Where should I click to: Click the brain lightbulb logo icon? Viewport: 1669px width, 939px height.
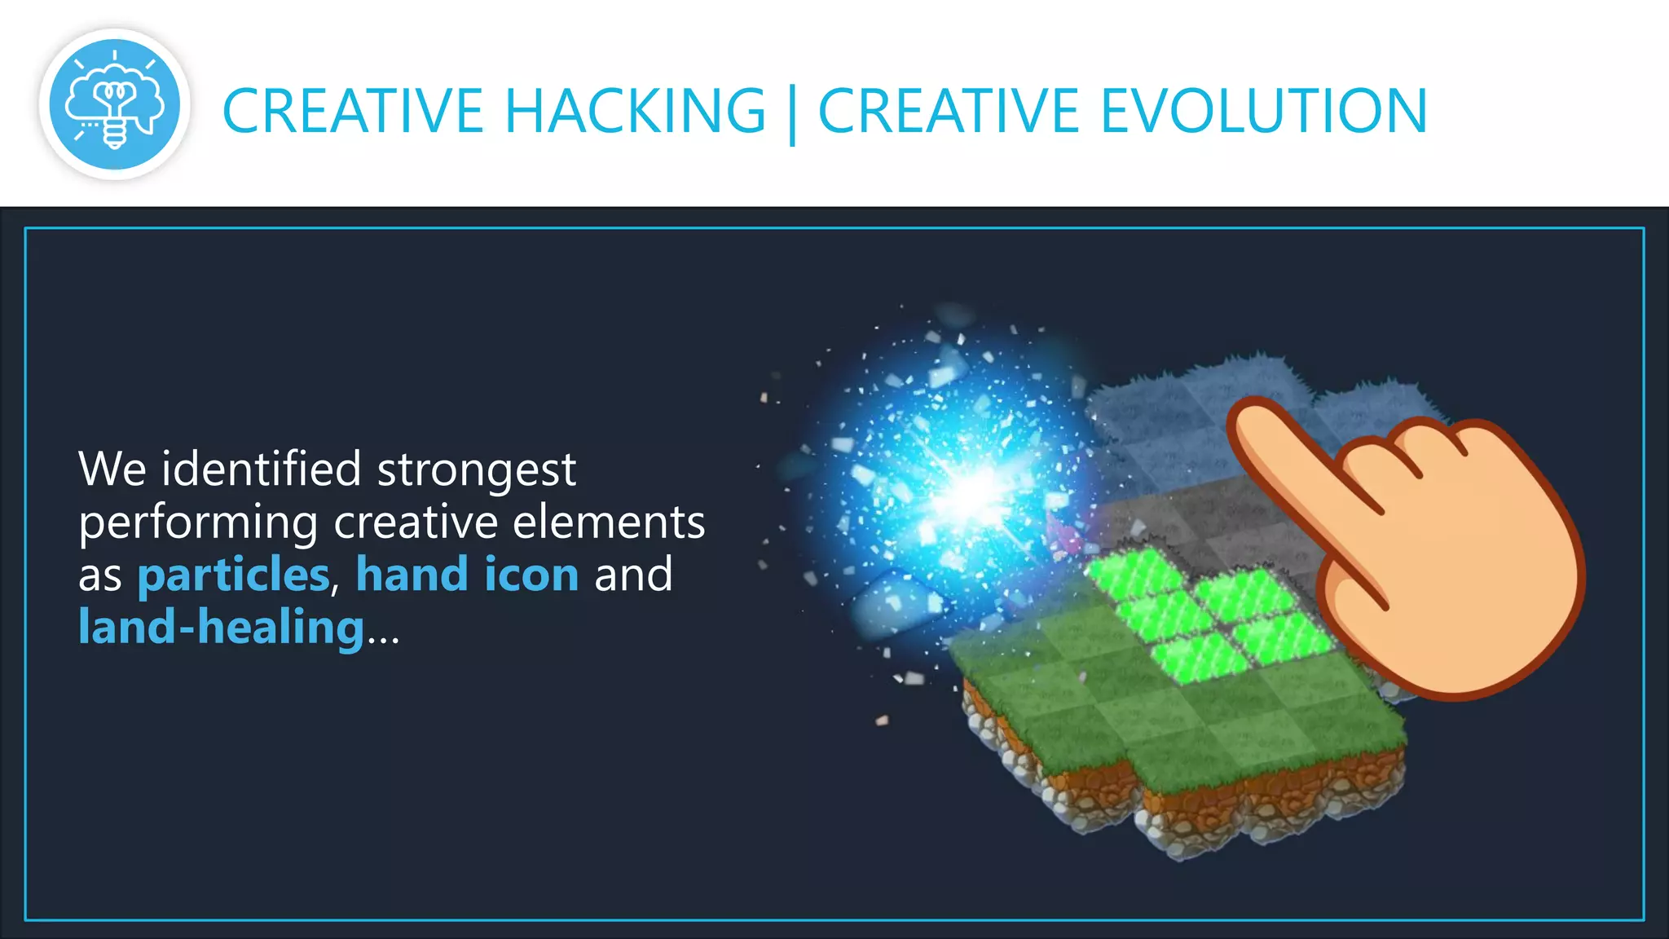115,104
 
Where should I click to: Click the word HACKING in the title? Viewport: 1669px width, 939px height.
635,111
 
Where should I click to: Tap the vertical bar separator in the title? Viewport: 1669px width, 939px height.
792,114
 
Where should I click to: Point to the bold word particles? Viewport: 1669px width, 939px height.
233,575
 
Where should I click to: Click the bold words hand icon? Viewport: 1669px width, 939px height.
467,575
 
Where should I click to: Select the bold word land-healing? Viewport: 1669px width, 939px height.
221,628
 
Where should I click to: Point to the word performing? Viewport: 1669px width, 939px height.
198,524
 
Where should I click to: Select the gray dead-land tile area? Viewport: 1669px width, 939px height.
1206,522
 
